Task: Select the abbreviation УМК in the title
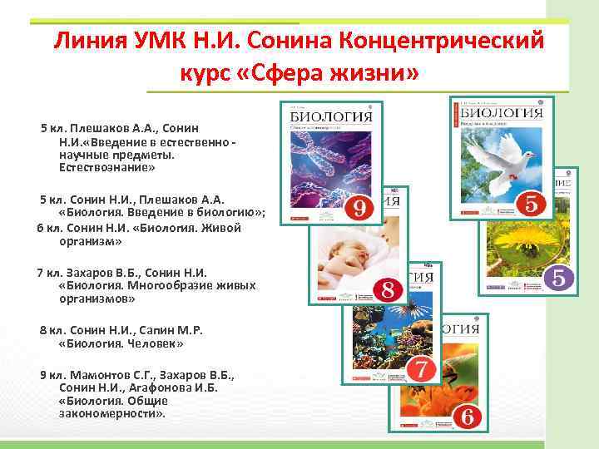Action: pyautogui.click(x=156, y=40)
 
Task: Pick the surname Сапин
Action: pyautogui.click(x=161, y=329)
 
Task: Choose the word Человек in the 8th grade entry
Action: pyautogui.click(x=153, y=343)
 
